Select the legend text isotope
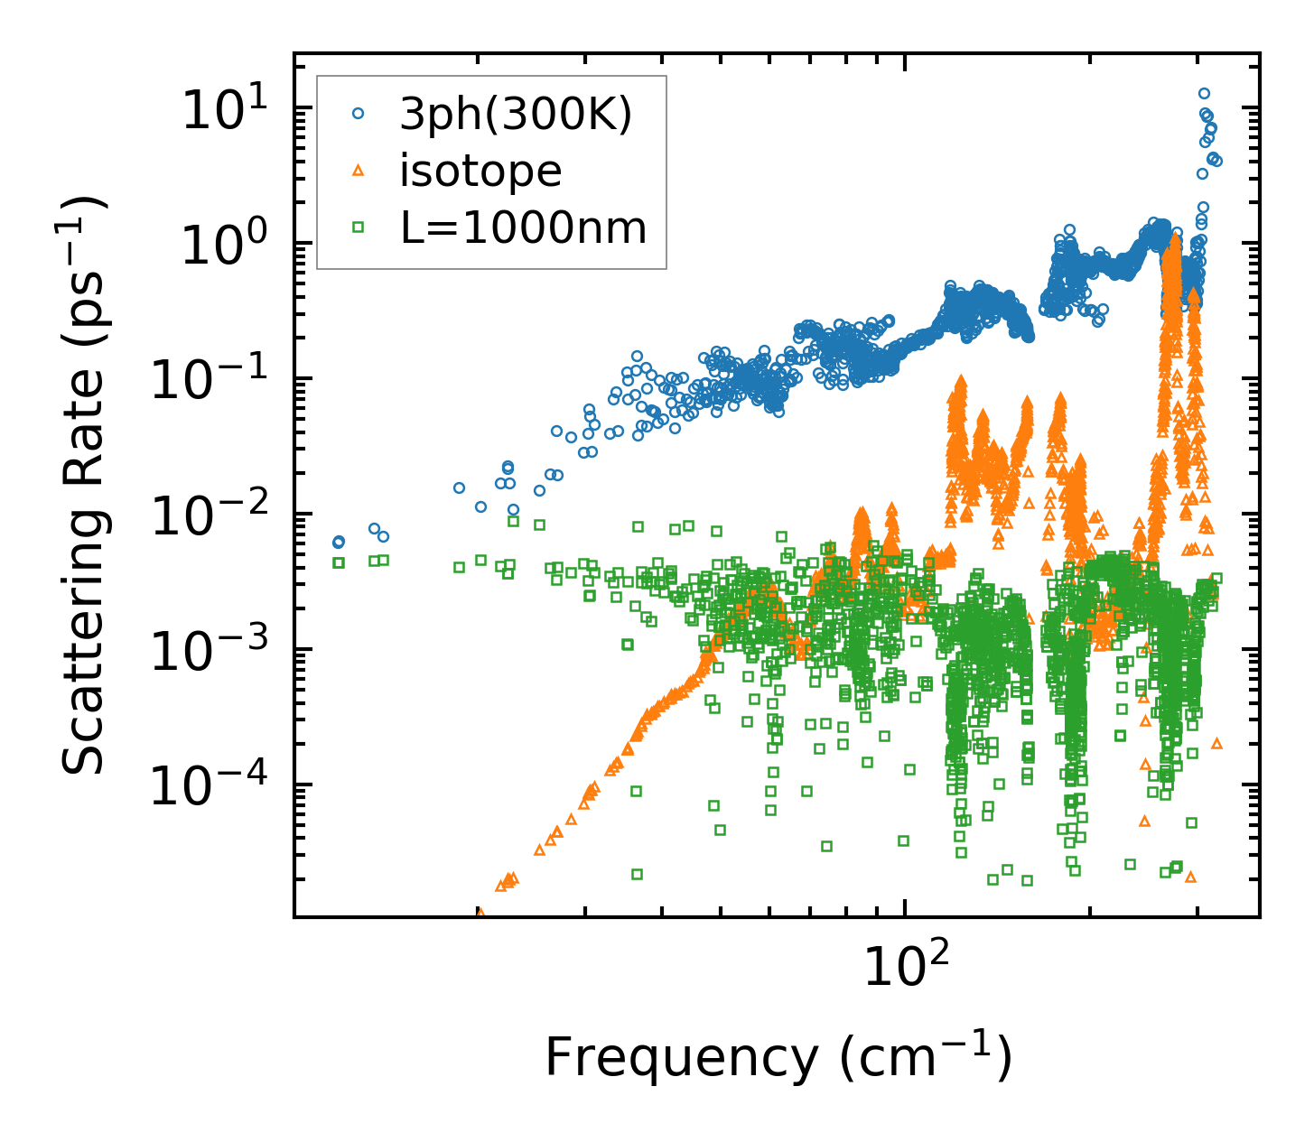click(x=480, y=171)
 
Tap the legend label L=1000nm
click(x=524, y=228)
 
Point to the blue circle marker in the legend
click(x=359, y=114)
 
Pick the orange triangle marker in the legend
click(x=359, y=170)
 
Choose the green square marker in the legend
click(x=359, y=228)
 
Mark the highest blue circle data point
click(x=1204, y=93)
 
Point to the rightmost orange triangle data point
click(x=1216, y=743)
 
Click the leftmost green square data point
click(x=339, y=562)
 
